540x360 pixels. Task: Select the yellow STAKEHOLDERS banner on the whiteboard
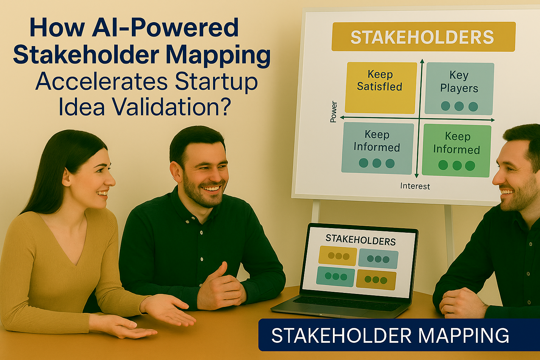[x=423, y=37]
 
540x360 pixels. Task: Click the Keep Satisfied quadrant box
[x=381, y=88]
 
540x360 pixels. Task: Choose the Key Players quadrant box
[x=459, y=89]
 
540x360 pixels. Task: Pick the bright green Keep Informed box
[x=456, y=151]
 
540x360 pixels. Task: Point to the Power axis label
[x=333, y=112]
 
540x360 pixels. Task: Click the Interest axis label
[x=415, y=186]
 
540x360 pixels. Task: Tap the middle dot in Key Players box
[x=459, y=106]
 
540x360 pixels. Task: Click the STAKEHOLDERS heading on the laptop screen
[x=361, y=240]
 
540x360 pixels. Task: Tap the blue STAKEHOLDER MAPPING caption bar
[x=399, y=335]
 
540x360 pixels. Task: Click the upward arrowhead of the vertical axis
[x=422, y=61]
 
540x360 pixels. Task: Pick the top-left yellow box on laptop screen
[x=337, y=256]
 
